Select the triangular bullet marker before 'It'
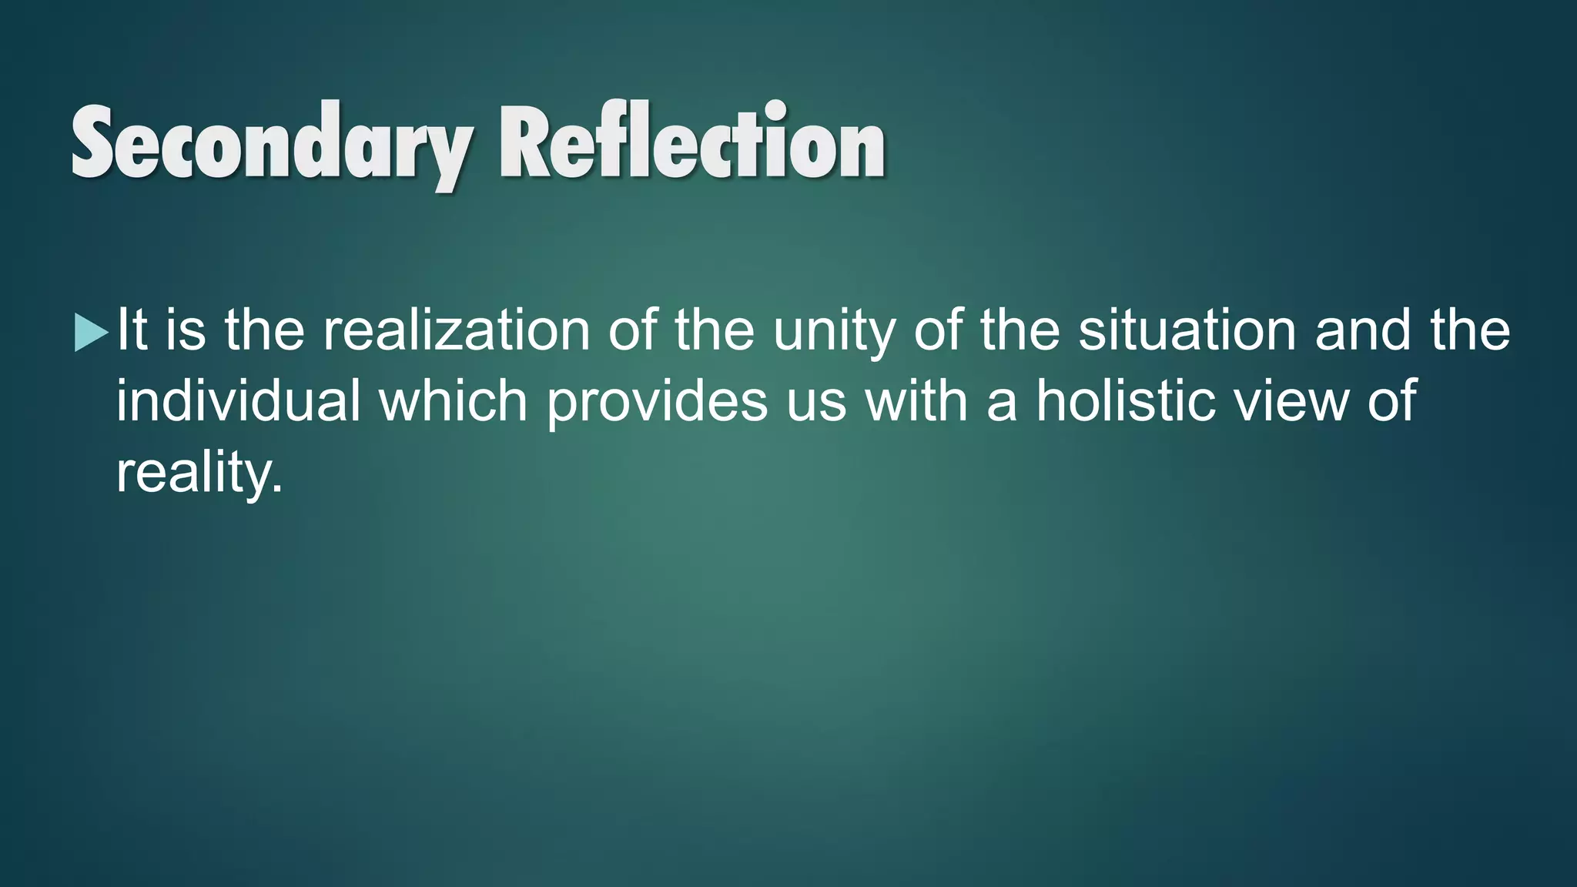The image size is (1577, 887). click(x=91, y=333)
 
